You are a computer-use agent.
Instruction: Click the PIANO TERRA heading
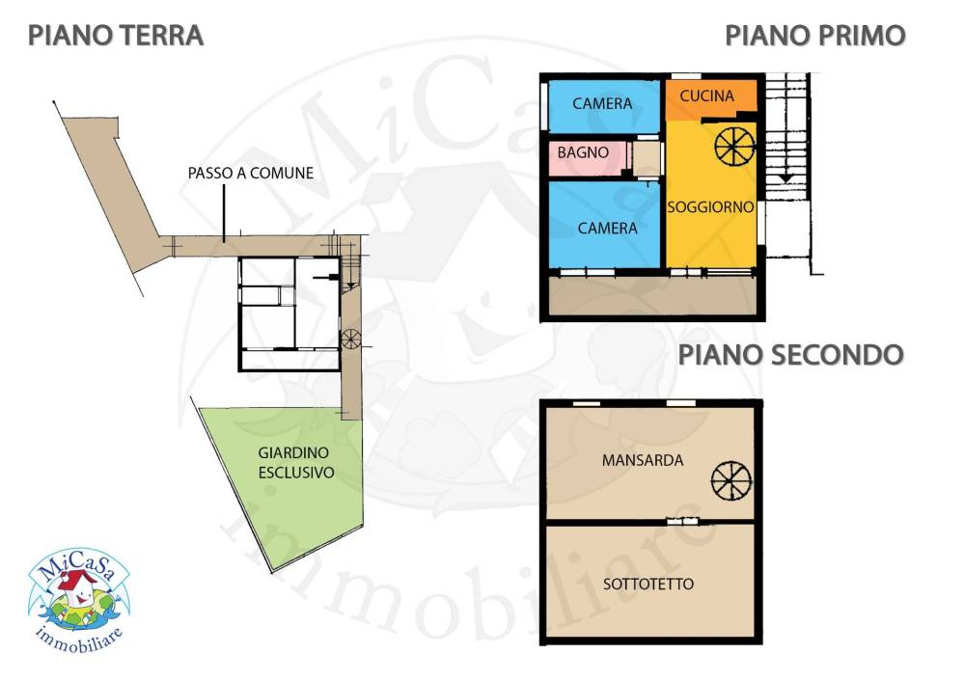click(116, 36)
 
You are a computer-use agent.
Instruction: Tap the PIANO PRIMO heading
click(815, 36)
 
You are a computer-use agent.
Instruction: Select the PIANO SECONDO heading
click(791, 355)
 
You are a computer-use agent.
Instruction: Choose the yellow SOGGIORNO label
click(711, 207)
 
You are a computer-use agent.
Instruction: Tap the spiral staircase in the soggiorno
click(734, 147)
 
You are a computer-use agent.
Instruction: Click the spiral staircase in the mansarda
click(731, 479)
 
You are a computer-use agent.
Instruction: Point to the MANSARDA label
click(643, 460)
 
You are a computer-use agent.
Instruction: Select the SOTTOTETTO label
click(648, 584)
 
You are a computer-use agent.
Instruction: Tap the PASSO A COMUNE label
click(251, 174)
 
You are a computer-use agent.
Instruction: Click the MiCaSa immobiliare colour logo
click(79, 600)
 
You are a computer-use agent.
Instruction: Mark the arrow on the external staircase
click(786, 177)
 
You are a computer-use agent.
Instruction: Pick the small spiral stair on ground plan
click(351, 339)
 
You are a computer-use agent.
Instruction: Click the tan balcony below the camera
click(652, 296)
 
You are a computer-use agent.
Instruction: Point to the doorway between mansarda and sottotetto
click(682, 522)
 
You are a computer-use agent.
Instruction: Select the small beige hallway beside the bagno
click(648, 159)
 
